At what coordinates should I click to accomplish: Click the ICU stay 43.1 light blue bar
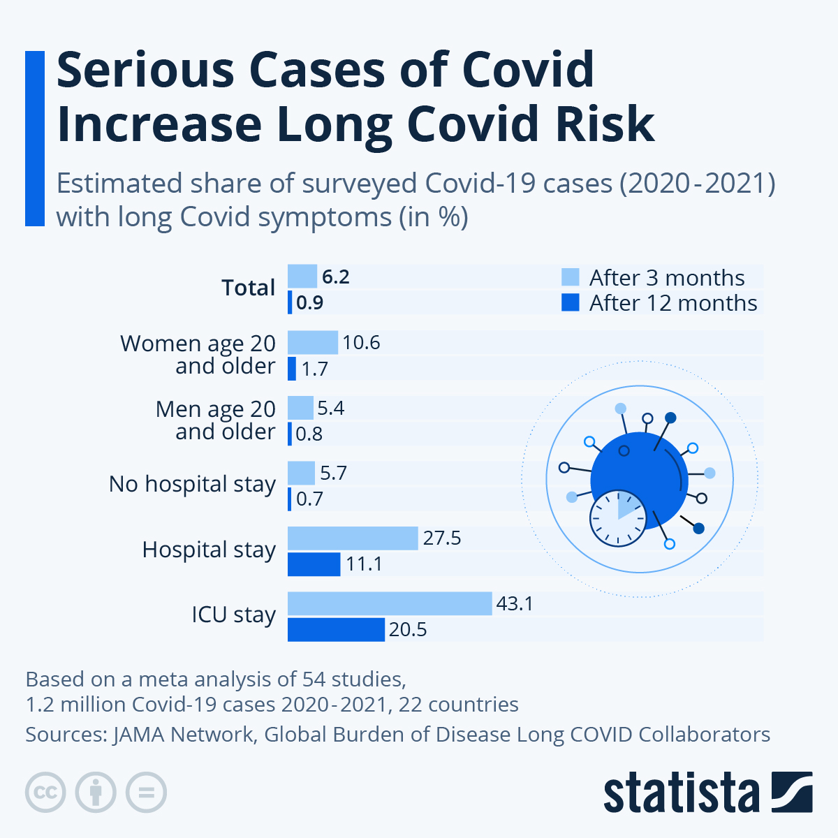click(390, 603)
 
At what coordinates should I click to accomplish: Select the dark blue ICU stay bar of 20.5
click(336, 629)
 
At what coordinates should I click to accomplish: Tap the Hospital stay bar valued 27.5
click(353, 538)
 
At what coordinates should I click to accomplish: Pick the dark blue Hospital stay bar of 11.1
click(314, 564)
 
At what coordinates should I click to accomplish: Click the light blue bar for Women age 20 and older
click(313, 342)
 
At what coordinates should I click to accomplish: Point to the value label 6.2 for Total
click(335, 277)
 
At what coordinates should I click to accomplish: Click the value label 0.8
click(309, 434)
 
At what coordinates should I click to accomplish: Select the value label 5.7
click(333, 473)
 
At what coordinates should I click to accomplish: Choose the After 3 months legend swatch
click(571, 277)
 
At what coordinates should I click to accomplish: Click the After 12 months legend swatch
click(571, 302)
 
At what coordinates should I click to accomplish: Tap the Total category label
click(248, 288)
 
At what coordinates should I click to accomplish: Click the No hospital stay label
click(192, 484)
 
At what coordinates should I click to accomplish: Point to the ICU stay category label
click(233, 615)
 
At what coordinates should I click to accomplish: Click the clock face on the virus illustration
click(618, 518)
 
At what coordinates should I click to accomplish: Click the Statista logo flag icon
click(791, 792)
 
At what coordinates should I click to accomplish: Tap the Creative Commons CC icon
click(45, 793)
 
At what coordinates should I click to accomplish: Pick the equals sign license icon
click(146, 793)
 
